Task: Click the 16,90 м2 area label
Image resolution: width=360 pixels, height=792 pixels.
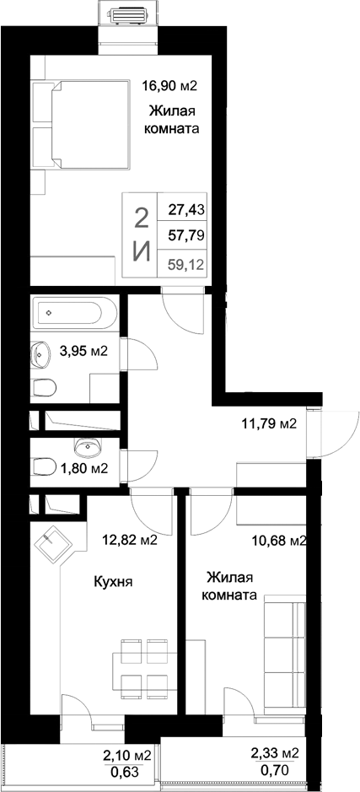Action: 175,85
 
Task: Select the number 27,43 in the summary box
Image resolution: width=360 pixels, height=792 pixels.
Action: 186,207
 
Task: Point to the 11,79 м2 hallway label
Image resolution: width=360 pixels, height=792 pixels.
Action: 269,423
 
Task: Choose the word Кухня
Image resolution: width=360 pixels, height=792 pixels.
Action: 113,582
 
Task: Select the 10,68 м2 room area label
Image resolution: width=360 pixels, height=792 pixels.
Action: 277,541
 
